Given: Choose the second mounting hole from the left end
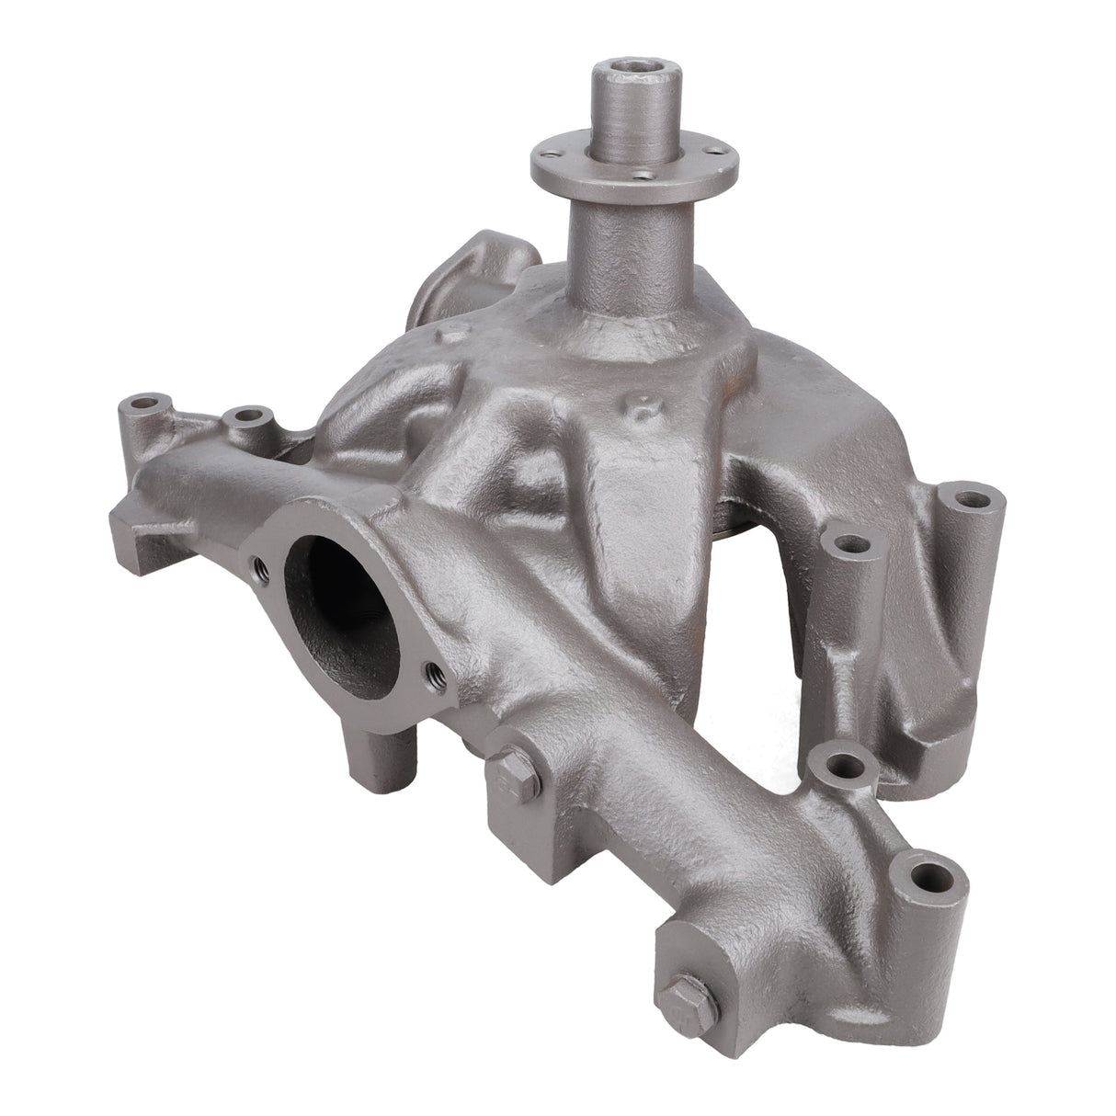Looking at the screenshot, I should [245, 416].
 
